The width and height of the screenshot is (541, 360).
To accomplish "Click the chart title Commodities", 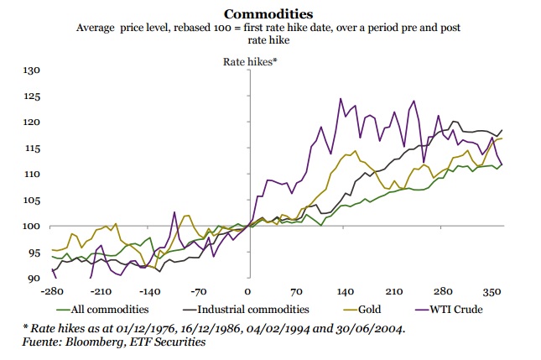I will pyautogui.click(x=270, y=13).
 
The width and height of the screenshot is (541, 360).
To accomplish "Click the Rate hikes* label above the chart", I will pyautogui.click(x=249, y=62).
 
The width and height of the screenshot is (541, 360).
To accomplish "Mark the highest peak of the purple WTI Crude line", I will pyautogui.click(x=341, y=99).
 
